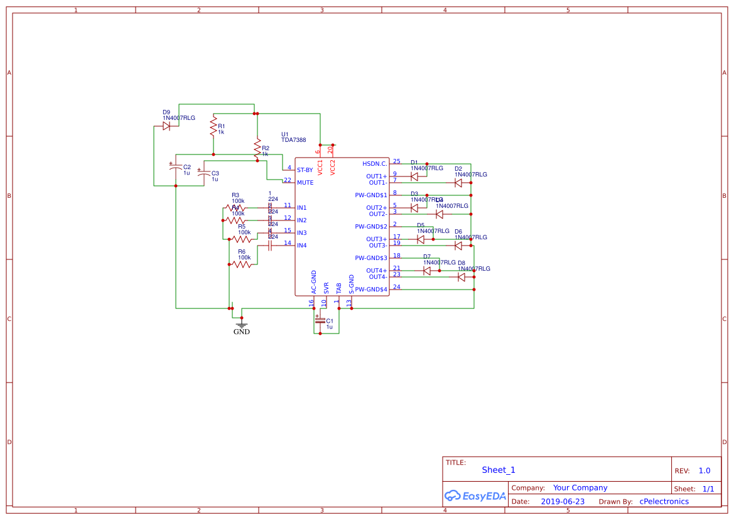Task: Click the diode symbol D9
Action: pyautogui.click(x=166, y=126)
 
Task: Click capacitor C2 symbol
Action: pyautogui.click(x=175, y=170)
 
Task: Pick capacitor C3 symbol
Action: pyautogui.click(x=203, y=176)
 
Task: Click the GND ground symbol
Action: pyautogui.click(x=242, y=326)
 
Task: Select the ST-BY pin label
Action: pyautogui.click(x=305, y=170)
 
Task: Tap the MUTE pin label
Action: pyautogui.click(x=305, y=183)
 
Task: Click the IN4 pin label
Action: pyautogui.click(x=302, y=246)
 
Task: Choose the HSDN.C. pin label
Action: pyautogui.click(x=375, y=164)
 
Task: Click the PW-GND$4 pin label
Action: pyautogui.click(x=371, y=290)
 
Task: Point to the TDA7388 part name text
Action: pyautogui.click(x=294, y=140)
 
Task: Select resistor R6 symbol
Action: pyautogui.click(x=242, y=264)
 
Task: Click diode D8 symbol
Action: pyautogui.click(x=461, y=276)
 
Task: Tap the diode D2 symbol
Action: pyautogui.click(x=458, y=183)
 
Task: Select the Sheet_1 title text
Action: pyautogui.click(x=499, y=470)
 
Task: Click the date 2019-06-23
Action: pyautogui.click(x=563, y=501)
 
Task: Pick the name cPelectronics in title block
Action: pyautogui.click(x=664, y=501)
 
